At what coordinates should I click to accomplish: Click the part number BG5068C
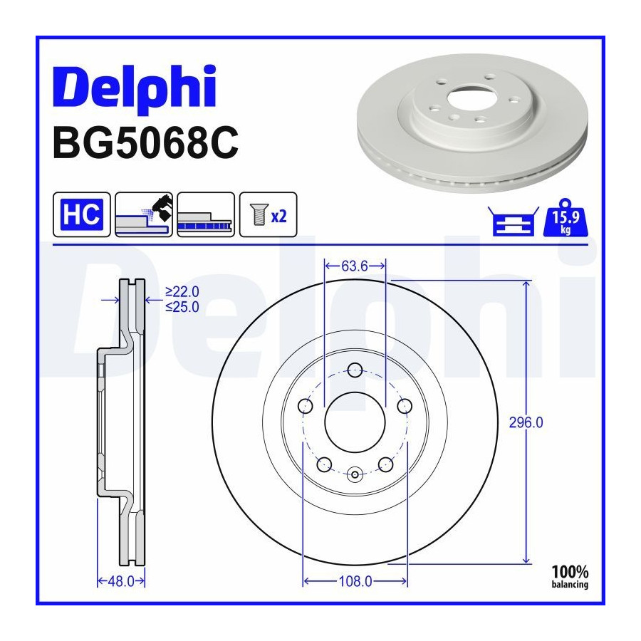[x=145, y=142]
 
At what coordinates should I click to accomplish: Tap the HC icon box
[x=82, y=214]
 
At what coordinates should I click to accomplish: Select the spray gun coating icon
[x=144, y=214]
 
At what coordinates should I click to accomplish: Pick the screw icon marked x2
[x=269, y=214]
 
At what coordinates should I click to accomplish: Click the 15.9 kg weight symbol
[x=566, y=218]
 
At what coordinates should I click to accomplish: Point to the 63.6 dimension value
[x=355, y=266]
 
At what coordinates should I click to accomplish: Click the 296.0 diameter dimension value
[x=526, y=422]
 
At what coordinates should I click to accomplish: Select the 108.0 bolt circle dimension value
[x=355, y=581]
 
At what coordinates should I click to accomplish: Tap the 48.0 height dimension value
[x=121, y=581]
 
